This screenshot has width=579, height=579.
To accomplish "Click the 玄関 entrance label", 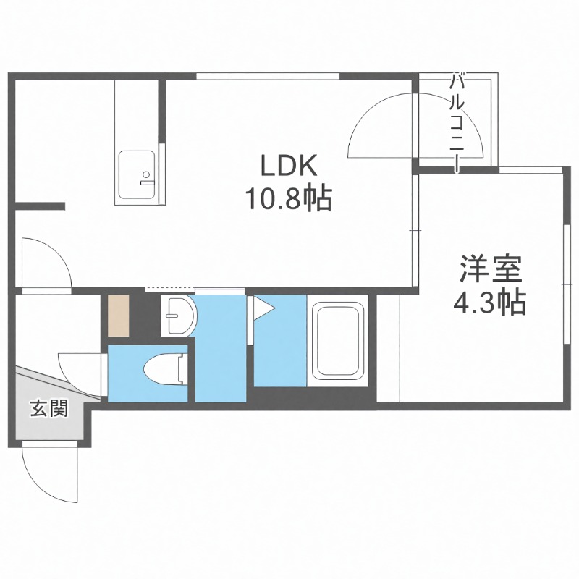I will pos(49,410).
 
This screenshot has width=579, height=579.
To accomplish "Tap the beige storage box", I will pos(117,316).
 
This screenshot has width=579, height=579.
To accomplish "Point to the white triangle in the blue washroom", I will pos(261,309).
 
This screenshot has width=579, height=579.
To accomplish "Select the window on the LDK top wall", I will pos(268,76).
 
